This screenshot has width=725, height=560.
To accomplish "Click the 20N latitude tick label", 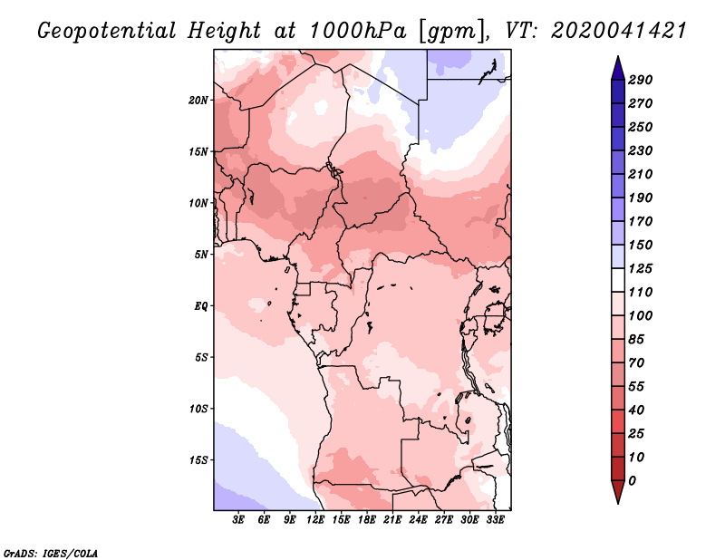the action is click(198, 101).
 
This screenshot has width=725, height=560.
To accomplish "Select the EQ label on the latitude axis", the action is click(201, 306).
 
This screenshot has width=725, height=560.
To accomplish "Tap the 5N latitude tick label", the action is click(201, 255).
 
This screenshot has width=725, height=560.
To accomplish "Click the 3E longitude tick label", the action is click(238, 519).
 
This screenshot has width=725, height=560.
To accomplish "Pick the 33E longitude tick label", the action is click(495, 519).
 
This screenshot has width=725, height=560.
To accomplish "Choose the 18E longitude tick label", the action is click(367, 519).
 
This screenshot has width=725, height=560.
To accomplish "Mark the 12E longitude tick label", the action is click(315, 519).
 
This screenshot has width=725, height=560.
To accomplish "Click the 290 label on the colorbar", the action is click(641, 80).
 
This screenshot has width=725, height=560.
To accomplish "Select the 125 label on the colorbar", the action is click(641, 268).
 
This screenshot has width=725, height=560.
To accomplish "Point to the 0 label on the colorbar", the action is click(632, 481).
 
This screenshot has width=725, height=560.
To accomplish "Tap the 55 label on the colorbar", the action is click(636, 387).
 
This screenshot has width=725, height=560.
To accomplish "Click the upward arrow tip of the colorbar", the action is click(618, 56).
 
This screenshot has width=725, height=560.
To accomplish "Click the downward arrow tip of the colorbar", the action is click(618, 503).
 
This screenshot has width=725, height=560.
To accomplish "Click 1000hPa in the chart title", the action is click(357, 31).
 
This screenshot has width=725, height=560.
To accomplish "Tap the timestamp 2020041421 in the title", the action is click(619, 31).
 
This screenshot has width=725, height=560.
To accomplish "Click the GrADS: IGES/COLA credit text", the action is click(51, 553).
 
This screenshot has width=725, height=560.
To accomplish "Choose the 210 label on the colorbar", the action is click(641, 174).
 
